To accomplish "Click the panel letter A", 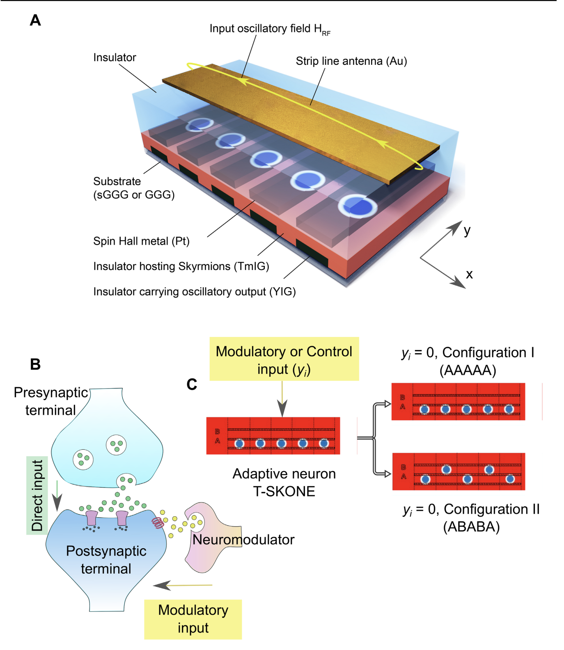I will (35, 20).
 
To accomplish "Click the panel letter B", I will (35, 364).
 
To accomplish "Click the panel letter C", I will (192, 385).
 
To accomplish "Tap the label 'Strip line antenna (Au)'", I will (351, 61).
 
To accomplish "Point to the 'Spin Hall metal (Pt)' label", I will (141, 241).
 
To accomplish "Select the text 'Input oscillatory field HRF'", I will (269, 29).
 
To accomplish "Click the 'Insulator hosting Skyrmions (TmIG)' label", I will (181, 266).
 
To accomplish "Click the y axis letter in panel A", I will (467, 230).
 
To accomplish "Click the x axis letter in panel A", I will (469, 274).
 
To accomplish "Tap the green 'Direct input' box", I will (37, 495).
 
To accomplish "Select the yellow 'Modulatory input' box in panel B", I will (193, 619).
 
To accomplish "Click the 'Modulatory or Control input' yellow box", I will (284, 359).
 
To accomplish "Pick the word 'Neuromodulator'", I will (243, 540).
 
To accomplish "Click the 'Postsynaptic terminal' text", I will (106, 560).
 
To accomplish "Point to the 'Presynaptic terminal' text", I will (51, 401).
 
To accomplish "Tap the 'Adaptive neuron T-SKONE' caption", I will (284, 483).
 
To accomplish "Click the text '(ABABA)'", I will (471, 526).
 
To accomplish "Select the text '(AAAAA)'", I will (468, 370).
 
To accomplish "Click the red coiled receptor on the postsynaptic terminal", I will (158, 522).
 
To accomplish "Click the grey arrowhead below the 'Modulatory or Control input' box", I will (282, 409).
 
